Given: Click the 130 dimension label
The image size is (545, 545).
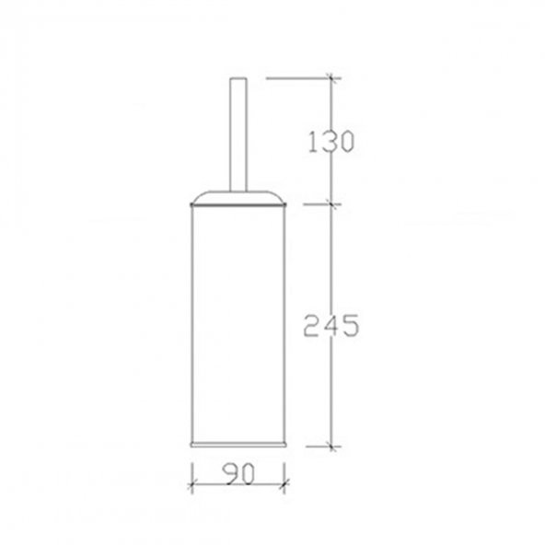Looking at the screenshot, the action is point(331,141).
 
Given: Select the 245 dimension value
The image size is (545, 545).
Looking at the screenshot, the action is point(330,326).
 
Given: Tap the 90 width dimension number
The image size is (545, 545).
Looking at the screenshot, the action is point(238,473).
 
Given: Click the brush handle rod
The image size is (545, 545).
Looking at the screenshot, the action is point(238,134).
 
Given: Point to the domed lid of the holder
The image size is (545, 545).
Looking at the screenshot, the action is point(238,197).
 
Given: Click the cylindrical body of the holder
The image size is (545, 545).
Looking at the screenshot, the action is point(238,324).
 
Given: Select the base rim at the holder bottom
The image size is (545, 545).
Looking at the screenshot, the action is point(238,445).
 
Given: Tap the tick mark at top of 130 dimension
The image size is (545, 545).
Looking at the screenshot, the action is point(330,78).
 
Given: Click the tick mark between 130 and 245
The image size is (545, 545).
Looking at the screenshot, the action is point(331,204).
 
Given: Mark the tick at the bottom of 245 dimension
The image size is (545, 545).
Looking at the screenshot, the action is point(332,446).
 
